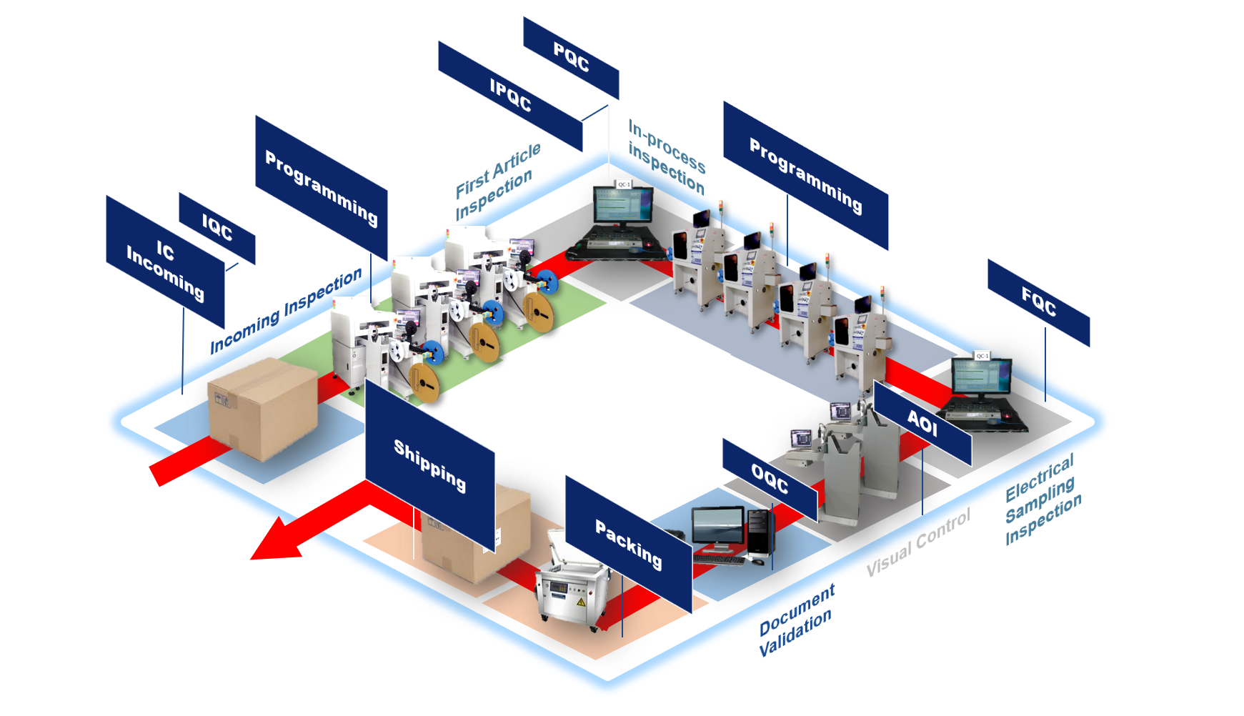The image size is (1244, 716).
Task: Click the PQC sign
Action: point(571,57)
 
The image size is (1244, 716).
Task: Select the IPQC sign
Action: point(510,96)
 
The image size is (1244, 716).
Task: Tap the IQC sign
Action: point(217,228)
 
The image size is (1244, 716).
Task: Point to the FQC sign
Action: point(1038,302)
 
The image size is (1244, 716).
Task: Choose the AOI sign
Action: point(922,423)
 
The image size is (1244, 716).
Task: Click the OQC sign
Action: point(770,479)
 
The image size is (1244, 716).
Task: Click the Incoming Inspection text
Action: point(286,312)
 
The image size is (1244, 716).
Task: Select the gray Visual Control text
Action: point(918,542)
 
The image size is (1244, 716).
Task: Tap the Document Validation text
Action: point(796,620)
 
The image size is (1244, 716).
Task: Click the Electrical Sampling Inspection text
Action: point(1042,500)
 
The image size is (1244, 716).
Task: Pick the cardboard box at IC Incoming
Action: point(262,408)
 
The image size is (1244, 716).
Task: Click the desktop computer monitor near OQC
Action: point(717,526)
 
